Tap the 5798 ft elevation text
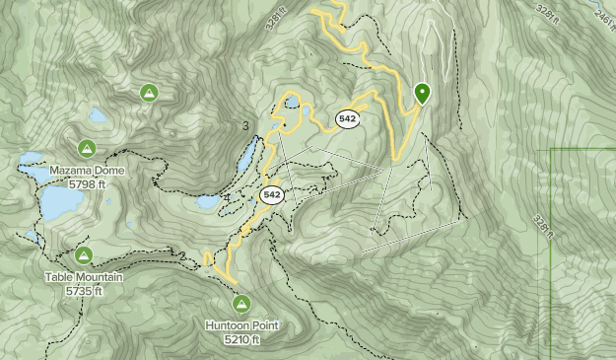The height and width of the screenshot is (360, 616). pos(88,183)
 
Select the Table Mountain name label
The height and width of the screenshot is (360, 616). pos(84,278)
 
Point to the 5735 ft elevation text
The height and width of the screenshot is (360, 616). pos(84,291)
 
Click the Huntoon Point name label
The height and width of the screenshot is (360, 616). pos(241,325)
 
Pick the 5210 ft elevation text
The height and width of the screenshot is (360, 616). pos(241,339)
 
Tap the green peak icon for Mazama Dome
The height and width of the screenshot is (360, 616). pos(87,149)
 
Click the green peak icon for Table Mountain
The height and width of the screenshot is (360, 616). pos(84,256)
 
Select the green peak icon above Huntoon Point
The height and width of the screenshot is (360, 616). pos(240,304)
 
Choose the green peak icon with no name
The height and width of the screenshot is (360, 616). pos(149,94)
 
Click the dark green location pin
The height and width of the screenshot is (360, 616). pos(423,94)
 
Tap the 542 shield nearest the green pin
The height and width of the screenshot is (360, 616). pos(346,119)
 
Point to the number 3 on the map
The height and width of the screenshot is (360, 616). pos(245,125)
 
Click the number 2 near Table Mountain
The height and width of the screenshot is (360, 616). pos(183,256)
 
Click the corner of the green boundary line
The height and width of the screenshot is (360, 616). pos(550,150)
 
